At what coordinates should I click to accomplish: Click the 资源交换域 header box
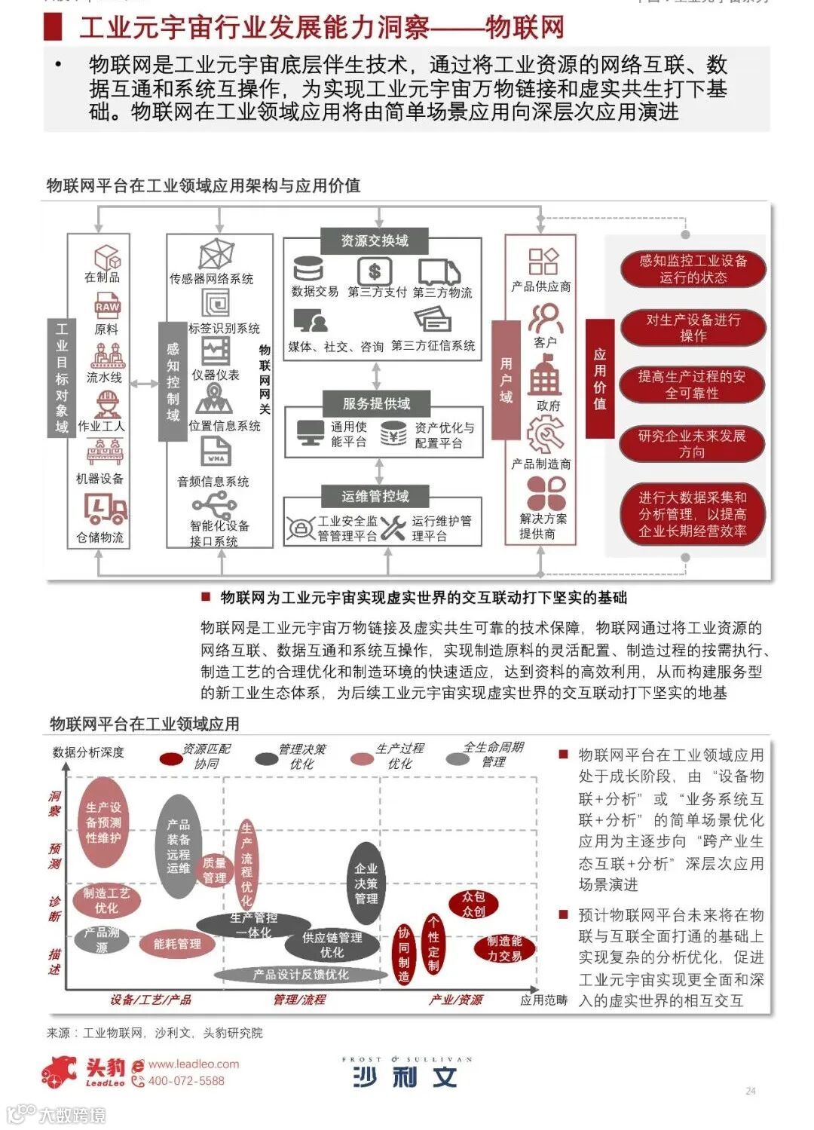pos(375,240)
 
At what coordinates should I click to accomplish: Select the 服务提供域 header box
pos(376,403)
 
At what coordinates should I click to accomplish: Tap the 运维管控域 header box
pos(375,495)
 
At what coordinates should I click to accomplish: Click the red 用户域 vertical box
pos(506,379)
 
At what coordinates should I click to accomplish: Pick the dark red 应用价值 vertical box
pos(600,378)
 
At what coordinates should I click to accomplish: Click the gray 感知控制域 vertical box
pos(173,381)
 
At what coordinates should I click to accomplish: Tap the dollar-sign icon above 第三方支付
pos(375,271)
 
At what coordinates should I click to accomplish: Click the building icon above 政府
pos(545,375)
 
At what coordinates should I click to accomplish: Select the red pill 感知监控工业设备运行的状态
pos(693,269)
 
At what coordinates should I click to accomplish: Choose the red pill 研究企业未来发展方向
pos(692,443)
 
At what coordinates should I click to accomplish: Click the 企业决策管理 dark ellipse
pos(366,883)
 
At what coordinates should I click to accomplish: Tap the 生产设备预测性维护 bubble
pos(103,822)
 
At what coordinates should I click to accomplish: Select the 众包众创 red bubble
pos(473,904)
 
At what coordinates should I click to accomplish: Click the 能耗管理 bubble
pos(177,943)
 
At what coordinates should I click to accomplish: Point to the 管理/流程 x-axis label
pos(299,1000)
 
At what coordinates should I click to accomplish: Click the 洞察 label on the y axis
pos(54,804)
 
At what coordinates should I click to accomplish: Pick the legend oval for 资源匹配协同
pos(171,758)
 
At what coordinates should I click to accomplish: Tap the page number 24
pos(750,1091)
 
